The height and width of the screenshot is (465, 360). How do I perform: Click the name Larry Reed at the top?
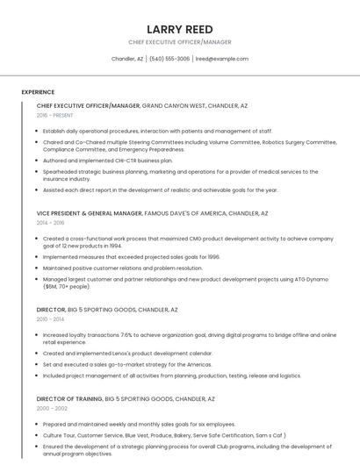(180, 29)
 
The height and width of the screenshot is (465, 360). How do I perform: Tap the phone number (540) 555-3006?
(169, 59)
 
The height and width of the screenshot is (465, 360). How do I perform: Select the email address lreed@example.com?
(221, 59)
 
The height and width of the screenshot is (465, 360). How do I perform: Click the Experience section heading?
(38, 92)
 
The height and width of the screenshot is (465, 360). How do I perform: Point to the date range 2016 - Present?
(54, 115)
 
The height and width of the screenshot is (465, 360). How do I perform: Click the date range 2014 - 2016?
(50, 223)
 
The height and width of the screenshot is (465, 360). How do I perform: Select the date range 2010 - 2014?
(50, 319)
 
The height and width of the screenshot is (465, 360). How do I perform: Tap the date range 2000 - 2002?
(52, 408)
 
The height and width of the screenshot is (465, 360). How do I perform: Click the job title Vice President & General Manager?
(89, 213)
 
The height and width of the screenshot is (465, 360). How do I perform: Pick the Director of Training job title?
(69, 398)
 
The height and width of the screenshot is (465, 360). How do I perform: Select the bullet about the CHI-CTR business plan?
(107, 161)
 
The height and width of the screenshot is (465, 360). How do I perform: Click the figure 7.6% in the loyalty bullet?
(128, 334)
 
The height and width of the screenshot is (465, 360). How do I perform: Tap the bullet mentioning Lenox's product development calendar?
(127, 353)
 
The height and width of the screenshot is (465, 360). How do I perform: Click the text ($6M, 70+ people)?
(67, 286)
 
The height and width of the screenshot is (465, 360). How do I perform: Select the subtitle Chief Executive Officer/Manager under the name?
(180, 42)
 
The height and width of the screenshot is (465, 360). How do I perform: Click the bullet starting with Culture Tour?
(151, 434)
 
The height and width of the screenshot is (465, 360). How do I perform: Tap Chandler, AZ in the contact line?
(127, 59)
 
